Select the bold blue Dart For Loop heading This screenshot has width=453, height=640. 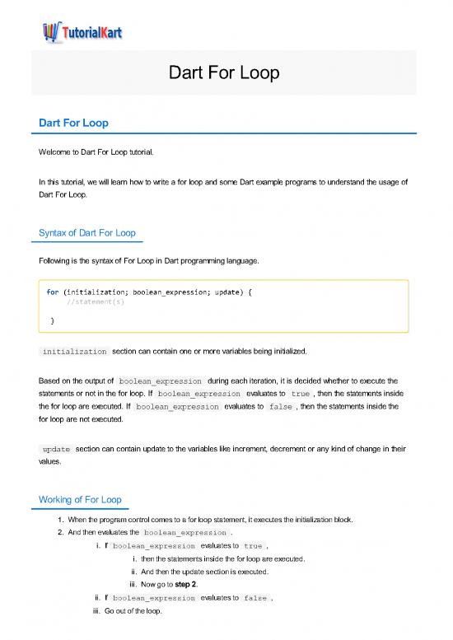[x=75, y=123]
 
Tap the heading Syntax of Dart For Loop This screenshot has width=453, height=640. [x=87, y=233]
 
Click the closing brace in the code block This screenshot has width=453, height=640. [x=53, y=320]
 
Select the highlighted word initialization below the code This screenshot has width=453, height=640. [x=74, y=352]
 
